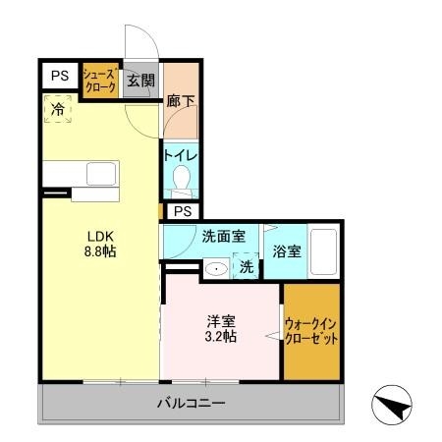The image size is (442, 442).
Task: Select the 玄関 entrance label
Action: [140, 81]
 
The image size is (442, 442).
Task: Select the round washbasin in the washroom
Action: [215, 266]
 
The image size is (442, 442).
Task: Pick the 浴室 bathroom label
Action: [287, 251]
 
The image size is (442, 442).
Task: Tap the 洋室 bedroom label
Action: [221, 320]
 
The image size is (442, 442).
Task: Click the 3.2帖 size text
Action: [221, 337]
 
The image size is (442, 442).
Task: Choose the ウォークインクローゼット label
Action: [311, 329]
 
